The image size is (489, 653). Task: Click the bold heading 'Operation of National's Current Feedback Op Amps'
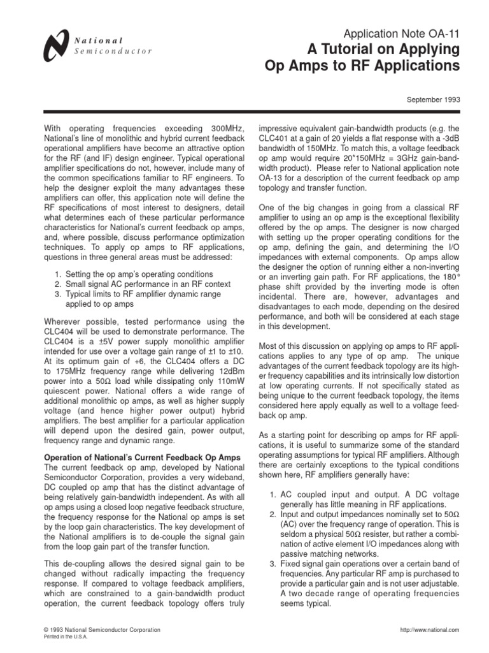coord(142,458)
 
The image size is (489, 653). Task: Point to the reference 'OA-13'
coord(273,179)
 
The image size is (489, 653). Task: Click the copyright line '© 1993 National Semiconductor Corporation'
coord(101,629)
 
